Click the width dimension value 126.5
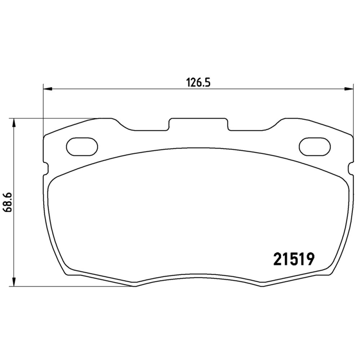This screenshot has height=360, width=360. (x=198, y=82)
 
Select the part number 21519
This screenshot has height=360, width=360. (x=293, y=260)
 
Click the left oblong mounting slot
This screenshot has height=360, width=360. (x=82, y=146)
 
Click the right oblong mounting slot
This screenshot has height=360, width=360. (x=315, y=146)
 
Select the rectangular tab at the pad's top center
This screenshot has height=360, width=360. (x=198, y=125)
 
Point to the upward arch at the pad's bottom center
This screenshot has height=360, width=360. (x=198, y=275)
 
